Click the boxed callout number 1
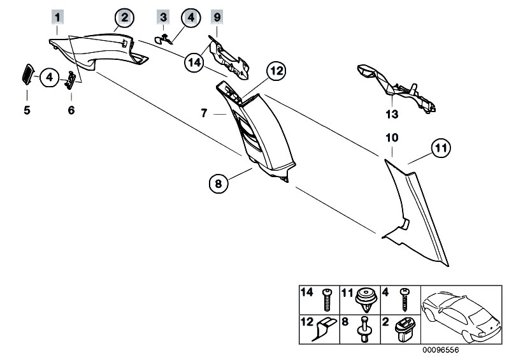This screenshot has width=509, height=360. (58, 15)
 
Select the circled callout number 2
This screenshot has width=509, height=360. (124, 18)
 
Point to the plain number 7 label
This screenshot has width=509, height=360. (203, 113)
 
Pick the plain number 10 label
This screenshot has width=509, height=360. (391, 138)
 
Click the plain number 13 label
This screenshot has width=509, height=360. (391, 115)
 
